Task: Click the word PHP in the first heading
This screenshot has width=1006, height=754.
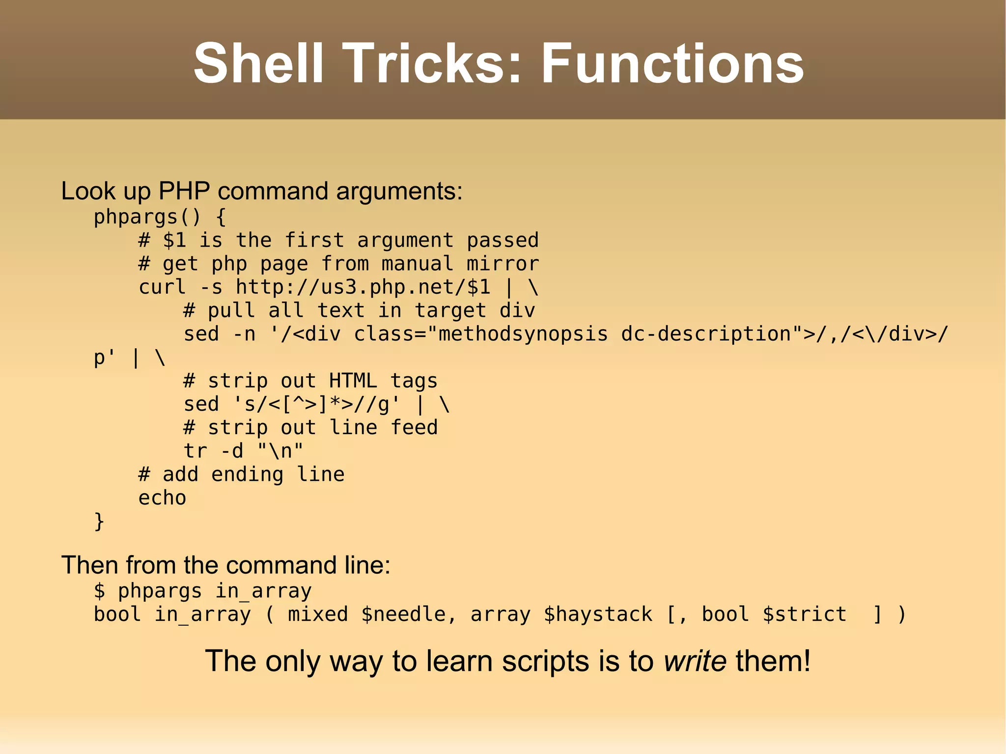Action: (184, 191)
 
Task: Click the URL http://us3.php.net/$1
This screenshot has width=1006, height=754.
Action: (363, 287)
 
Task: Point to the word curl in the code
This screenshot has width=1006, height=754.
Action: (162, 287)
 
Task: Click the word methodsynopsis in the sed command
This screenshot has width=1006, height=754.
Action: (523, 334)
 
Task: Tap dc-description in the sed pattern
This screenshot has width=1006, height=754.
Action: (706, 334)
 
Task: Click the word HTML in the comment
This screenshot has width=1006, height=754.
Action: (353, 381)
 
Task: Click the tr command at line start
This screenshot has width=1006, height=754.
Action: (195, 450)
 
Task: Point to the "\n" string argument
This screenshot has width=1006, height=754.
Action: (280, 450)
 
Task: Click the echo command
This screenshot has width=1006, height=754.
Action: (162, 498)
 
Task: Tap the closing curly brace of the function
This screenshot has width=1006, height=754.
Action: (99, 521)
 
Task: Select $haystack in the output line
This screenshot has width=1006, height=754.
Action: (598, 614)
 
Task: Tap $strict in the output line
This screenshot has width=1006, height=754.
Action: (804, 614)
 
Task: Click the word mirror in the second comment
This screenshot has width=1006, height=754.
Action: (503, 264)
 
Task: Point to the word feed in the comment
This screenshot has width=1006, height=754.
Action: (414, 427)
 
